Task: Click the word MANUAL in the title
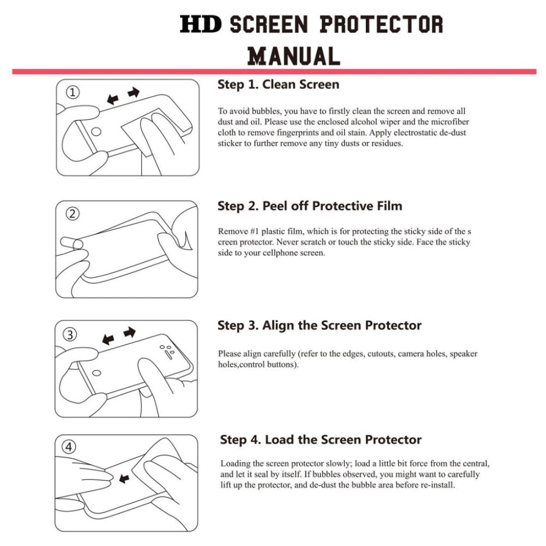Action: click(294, 55)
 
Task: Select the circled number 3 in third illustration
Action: click(70, 335)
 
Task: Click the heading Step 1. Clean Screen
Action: click(278, 84)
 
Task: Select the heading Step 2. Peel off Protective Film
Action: click(309, 206)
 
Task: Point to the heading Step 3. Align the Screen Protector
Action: click(319, 325)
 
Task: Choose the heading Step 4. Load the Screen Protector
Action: click(320, 440)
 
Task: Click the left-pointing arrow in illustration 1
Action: click(113, 99)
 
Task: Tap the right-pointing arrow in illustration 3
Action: click(129, 333)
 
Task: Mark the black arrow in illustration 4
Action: click(124, 479)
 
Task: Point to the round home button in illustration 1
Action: click(97, 131)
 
